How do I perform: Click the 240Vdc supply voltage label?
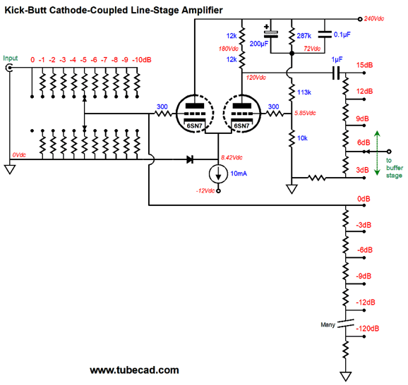coord(374,18)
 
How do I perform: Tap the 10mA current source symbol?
coord(218,173)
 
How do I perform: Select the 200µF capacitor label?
coord(258,44)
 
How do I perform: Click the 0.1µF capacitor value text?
coord(342,35)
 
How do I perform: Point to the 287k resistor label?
coord(304,36)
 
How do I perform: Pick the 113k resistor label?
coord(304,92)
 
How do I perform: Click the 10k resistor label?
coord(302,138)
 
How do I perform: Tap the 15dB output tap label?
coord(364,66)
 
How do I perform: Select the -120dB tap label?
coord(367,329)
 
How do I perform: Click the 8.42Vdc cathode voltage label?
coord(232,157)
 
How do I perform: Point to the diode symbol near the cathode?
coord(190,159)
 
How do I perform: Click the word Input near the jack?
coord(11,59)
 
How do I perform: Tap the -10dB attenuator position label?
coord(142,60)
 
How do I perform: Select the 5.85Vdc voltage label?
coord(305,113)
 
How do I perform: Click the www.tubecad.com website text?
coord(134,370)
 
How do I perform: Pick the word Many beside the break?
coord(328,324)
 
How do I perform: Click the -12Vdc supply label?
coord(205,191)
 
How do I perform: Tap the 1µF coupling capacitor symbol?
coord(336,73)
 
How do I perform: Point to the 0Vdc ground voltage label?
coord(19,155)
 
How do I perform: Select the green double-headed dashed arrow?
coord(378,153)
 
